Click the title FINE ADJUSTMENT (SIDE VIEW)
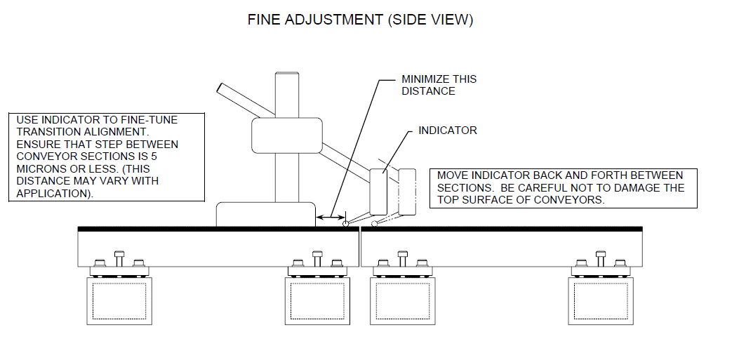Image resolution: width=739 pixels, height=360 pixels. click(x=360, y=20)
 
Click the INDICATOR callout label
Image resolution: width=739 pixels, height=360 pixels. click(x=447, y=131)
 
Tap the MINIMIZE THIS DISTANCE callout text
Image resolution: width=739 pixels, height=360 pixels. click(x=439, y=85)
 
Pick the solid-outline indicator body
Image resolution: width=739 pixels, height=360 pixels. click(x=378, y=192)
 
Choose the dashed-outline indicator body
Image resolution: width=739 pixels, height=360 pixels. click(x=407, y=192)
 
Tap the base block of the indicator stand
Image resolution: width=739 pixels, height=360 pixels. click(x=265, y=214)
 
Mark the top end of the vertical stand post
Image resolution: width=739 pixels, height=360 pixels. click(x=286, y=74)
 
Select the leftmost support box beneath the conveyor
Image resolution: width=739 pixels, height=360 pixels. click(x=119, y=300)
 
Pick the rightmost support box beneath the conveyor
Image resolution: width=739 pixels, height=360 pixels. click(x=600, y=300)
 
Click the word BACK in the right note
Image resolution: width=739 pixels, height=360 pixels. click(x=546, y=175)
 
